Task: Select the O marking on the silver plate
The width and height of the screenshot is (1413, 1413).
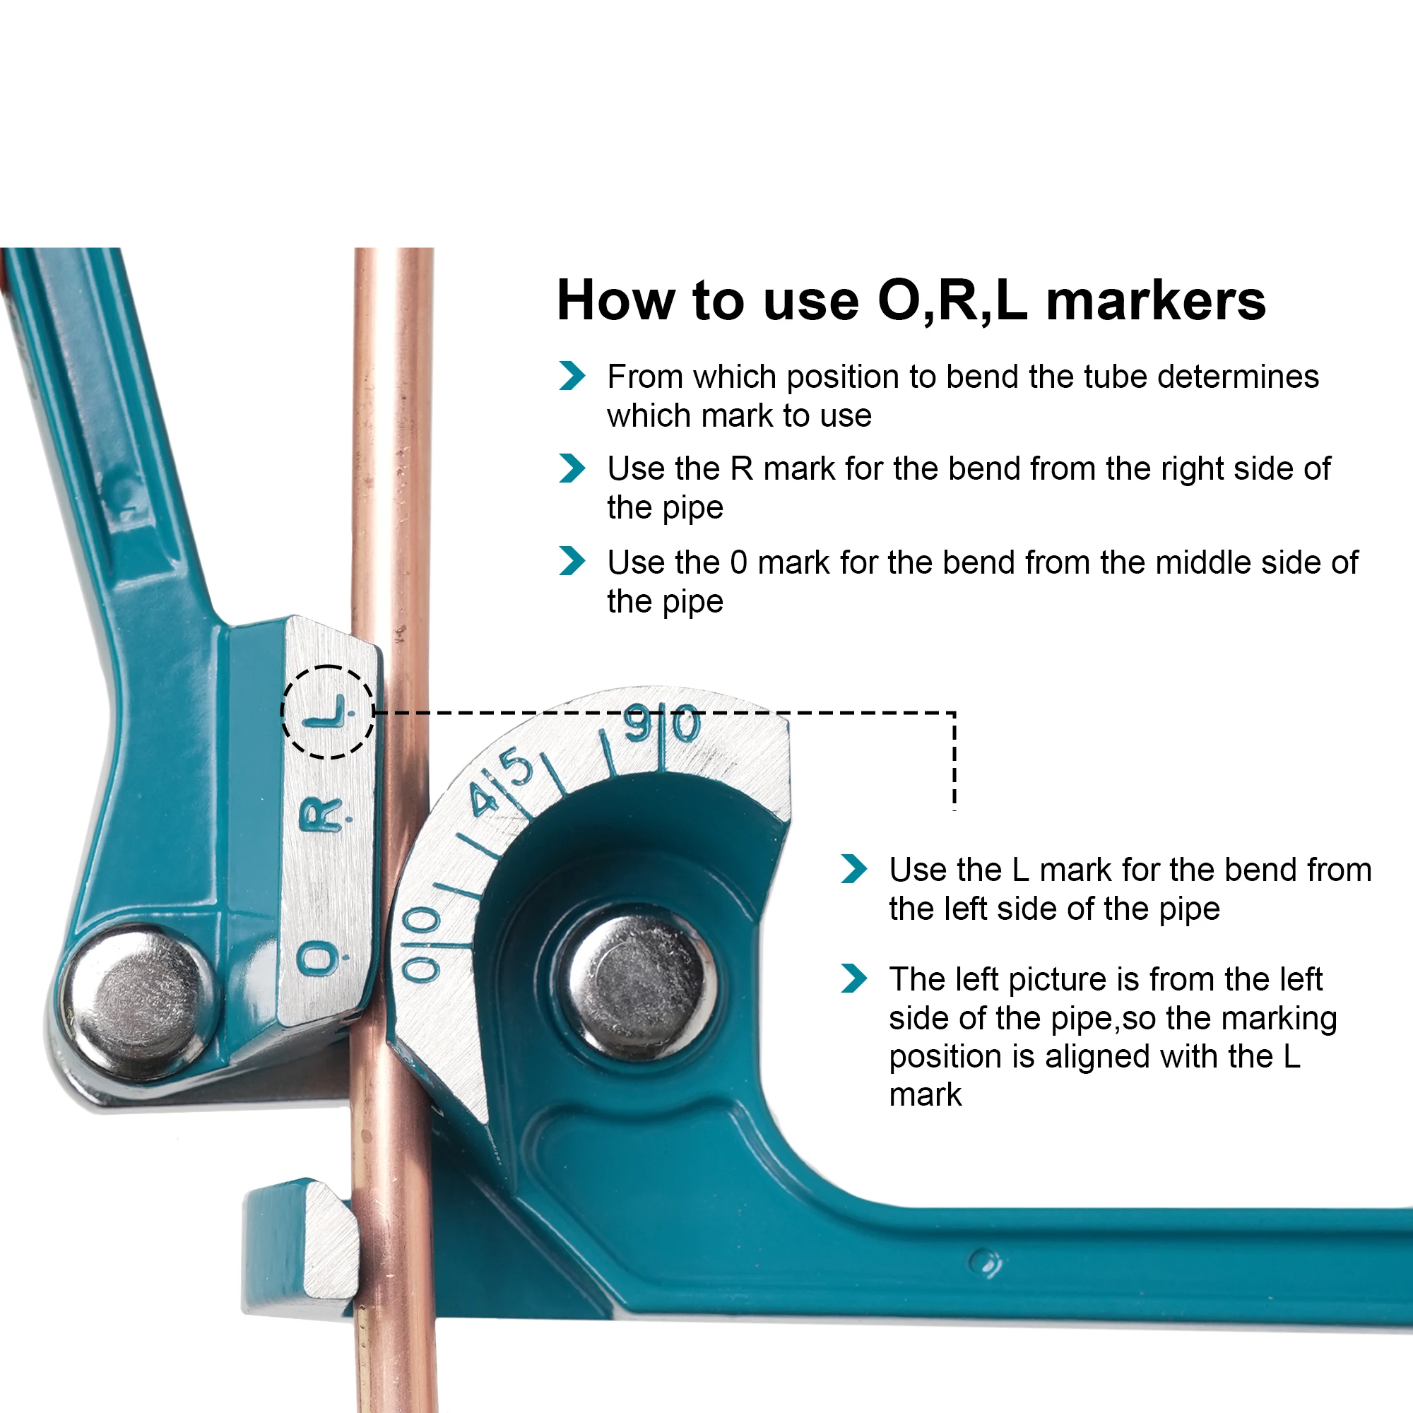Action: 317,958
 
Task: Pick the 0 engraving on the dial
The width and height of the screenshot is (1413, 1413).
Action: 420,943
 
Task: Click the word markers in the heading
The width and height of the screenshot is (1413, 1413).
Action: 1157,300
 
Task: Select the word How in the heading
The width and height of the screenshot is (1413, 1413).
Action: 617,300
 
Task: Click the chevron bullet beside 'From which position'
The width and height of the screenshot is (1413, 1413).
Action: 572,376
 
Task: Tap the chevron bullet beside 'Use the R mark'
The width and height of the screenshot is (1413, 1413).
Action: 572,468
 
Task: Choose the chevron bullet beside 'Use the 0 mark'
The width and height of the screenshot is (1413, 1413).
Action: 572,562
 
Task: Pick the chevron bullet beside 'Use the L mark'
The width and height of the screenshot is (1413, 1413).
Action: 854,869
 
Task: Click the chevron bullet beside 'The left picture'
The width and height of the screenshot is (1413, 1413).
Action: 854,978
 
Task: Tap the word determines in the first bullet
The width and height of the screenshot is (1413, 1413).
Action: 1238,377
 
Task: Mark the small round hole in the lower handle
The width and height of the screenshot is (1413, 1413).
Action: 984,1263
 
